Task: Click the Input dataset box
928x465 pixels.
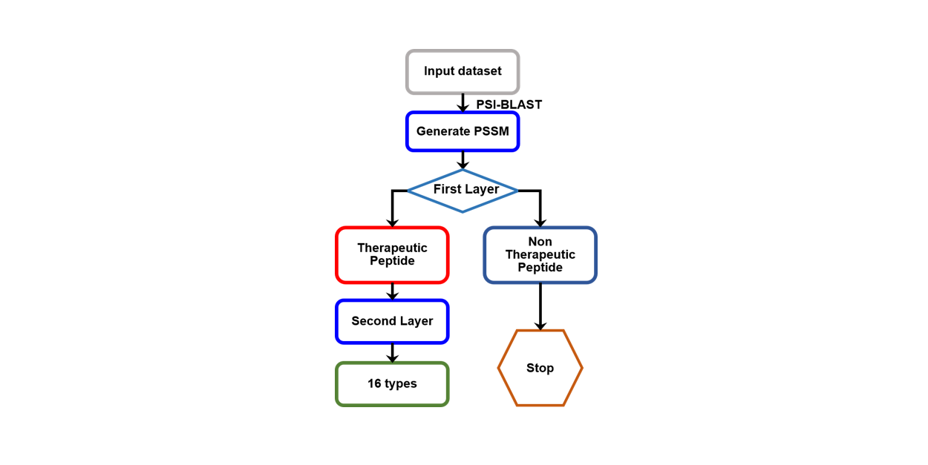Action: pos(463,72)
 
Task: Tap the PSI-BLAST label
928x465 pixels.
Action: pos(509,105)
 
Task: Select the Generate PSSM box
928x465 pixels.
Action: pos(463,131)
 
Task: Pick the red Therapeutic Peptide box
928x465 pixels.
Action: pos(392,254)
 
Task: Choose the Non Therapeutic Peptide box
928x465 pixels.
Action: pos(540,254)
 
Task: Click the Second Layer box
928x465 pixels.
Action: pos(392,321)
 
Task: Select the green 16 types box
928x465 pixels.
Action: pos(392,383)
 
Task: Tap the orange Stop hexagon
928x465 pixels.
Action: pos(540,368)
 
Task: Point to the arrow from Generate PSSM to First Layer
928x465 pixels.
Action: pos(463,160)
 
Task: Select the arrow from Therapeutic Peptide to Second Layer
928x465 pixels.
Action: pos(392,291)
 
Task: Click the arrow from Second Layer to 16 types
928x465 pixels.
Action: pos(392,353)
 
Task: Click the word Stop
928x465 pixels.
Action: pos(540,368)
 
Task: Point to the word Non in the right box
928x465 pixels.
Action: pos(540,242)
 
